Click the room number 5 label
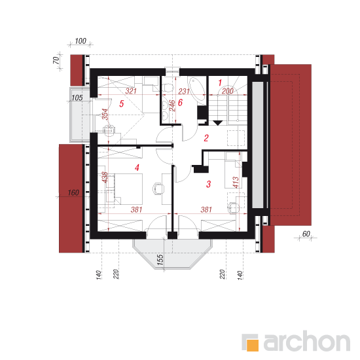coord(122,103)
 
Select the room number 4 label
coord(137,168)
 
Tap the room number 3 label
coord(208,184)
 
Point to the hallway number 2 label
coord(206,138)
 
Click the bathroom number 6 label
coord(180,102)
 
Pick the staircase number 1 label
coord(220,82)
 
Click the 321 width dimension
coord(131,91)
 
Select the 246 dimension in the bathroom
coord(172,105)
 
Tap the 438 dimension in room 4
coord(105,177)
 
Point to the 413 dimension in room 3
coord(236,183)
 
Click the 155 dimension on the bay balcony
coord(160,260)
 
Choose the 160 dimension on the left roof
coord(73,192)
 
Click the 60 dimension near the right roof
coord(306,234)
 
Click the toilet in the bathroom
coord(168,88)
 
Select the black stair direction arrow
coord(218,123)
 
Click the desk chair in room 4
coord(158,189)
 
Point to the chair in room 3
coord(233,208)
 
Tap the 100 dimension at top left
coord(81,41)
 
